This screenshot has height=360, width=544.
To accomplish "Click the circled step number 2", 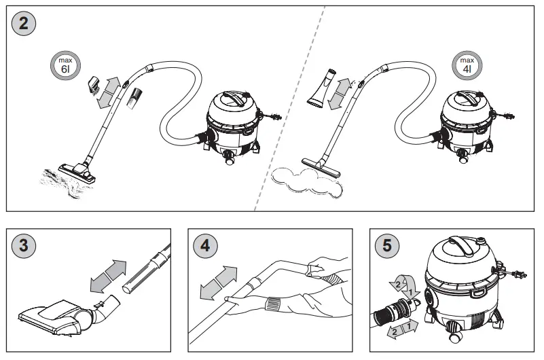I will pyautogui.click(x=24, y=24).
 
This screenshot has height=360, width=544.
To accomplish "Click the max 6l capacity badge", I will pyautogui.click(x=65, y=66).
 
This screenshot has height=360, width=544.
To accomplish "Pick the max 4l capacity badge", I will pyautogui.click(x=467, y=66).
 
